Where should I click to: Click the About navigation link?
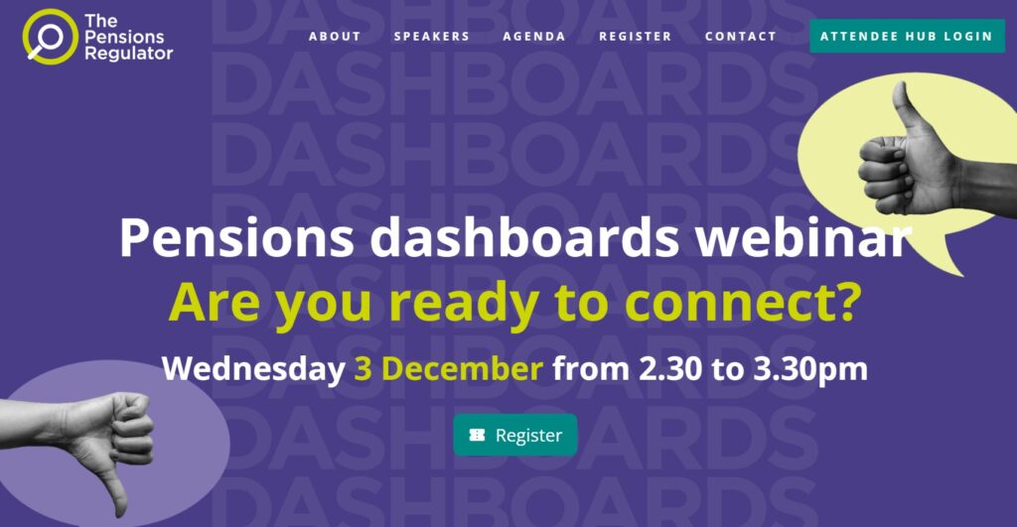click(334, 37)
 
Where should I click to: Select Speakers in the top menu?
click(431, 37)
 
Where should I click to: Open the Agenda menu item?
click(533, 37)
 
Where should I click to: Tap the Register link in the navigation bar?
click(635, 37)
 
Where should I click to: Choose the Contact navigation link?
click(741, 37)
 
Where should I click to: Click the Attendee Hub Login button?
click(907, 37)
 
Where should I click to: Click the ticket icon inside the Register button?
click(478, 435)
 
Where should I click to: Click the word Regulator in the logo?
click(128, 54)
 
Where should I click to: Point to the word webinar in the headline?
click(803, 237)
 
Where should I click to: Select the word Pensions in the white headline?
click(236, 237)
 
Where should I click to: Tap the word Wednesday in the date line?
click(253, 369)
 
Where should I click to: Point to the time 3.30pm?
click(810, 369)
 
